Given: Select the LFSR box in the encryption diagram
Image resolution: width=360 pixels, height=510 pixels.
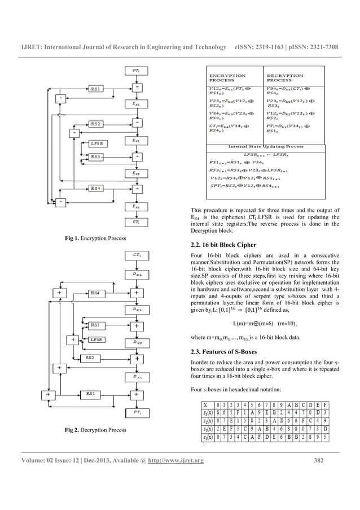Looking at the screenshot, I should pyautogui.click(x=97, y=144).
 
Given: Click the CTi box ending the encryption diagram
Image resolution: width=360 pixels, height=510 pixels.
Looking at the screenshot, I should pyautogui.click(x=137, y=222).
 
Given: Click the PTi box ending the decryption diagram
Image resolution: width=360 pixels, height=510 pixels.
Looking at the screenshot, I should pyautogui.click(x=137, y=412).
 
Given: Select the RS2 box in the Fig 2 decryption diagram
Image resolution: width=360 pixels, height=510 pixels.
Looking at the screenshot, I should pyautogui.click(x=90, y=358).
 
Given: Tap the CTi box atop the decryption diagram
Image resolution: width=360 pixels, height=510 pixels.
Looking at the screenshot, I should pyautogui.click(x=137, y=255).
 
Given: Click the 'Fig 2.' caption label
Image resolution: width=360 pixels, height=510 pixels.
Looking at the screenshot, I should pyautogui.click(x=75, y=431).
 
